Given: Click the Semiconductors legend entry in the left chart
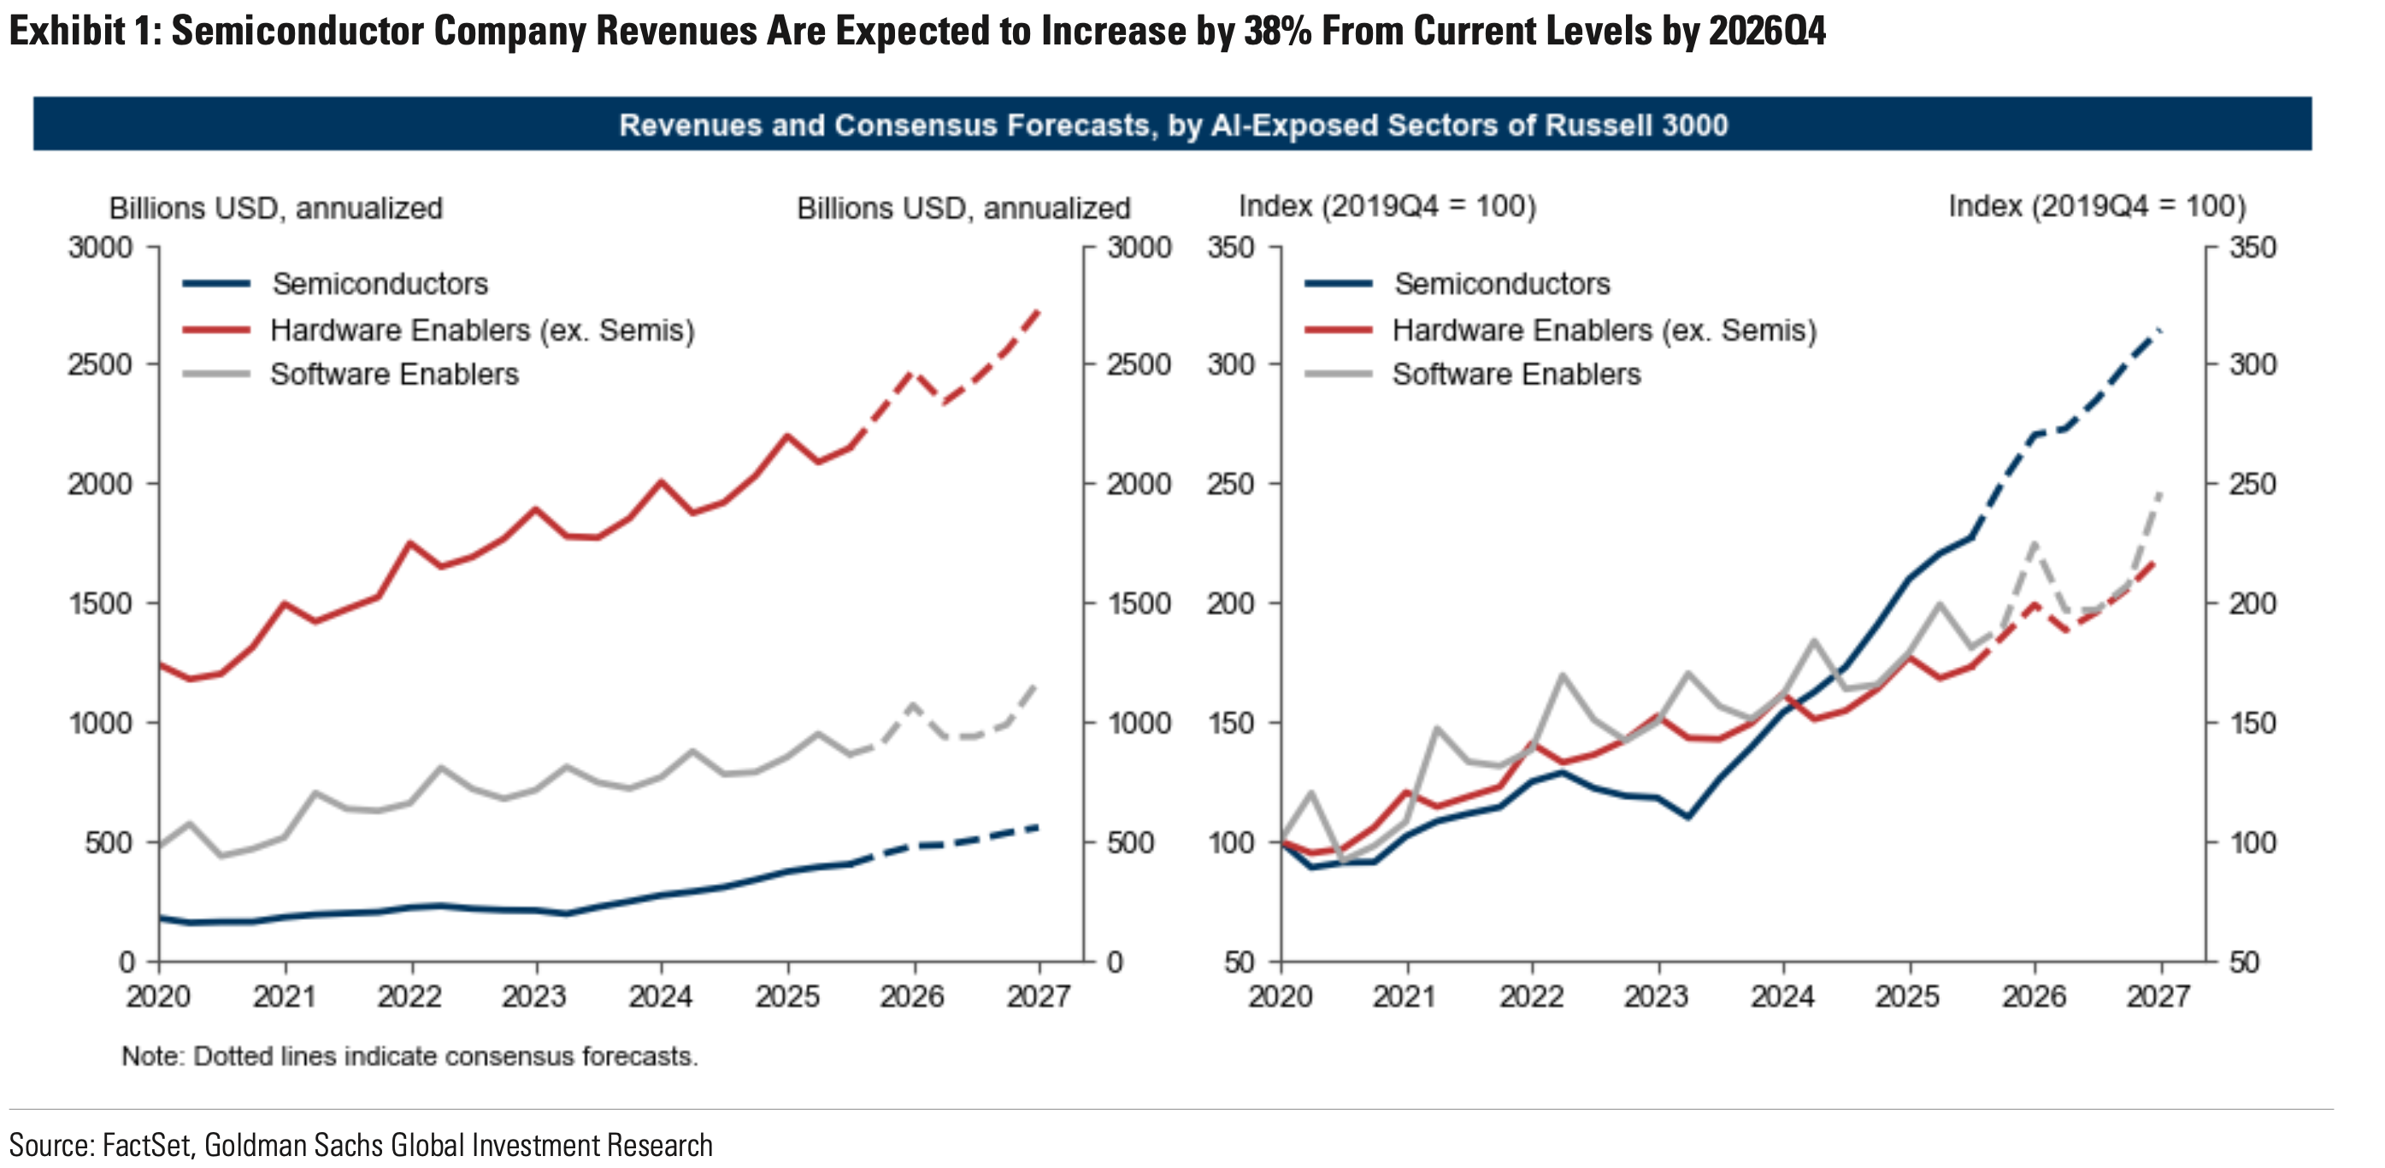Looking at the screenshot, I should (380, 283).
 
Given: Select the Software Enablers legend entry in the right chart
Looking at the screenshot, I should (1516, 375).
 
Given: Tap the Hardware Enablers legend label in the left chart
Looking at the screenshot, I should (482, 330).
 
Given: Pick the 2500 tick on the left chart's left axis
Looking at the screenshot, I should (100, 364).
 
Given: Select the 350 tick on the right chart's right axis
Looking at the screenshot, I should (2252, 247).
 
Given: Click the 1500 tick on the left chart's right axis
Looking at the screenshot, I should (1139, 603).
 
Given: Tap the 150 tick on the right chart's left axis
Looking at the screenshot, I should (1231, 723).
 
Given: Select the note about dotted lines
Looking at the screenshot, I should (410, 1056).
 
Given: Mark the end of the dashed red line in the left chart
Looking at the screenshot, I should (1039, 310).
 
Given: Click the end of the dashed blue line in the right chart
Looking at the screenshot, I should (2161, 330).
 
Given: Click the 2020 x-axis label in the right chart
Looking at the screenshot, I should (1281, 997).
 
